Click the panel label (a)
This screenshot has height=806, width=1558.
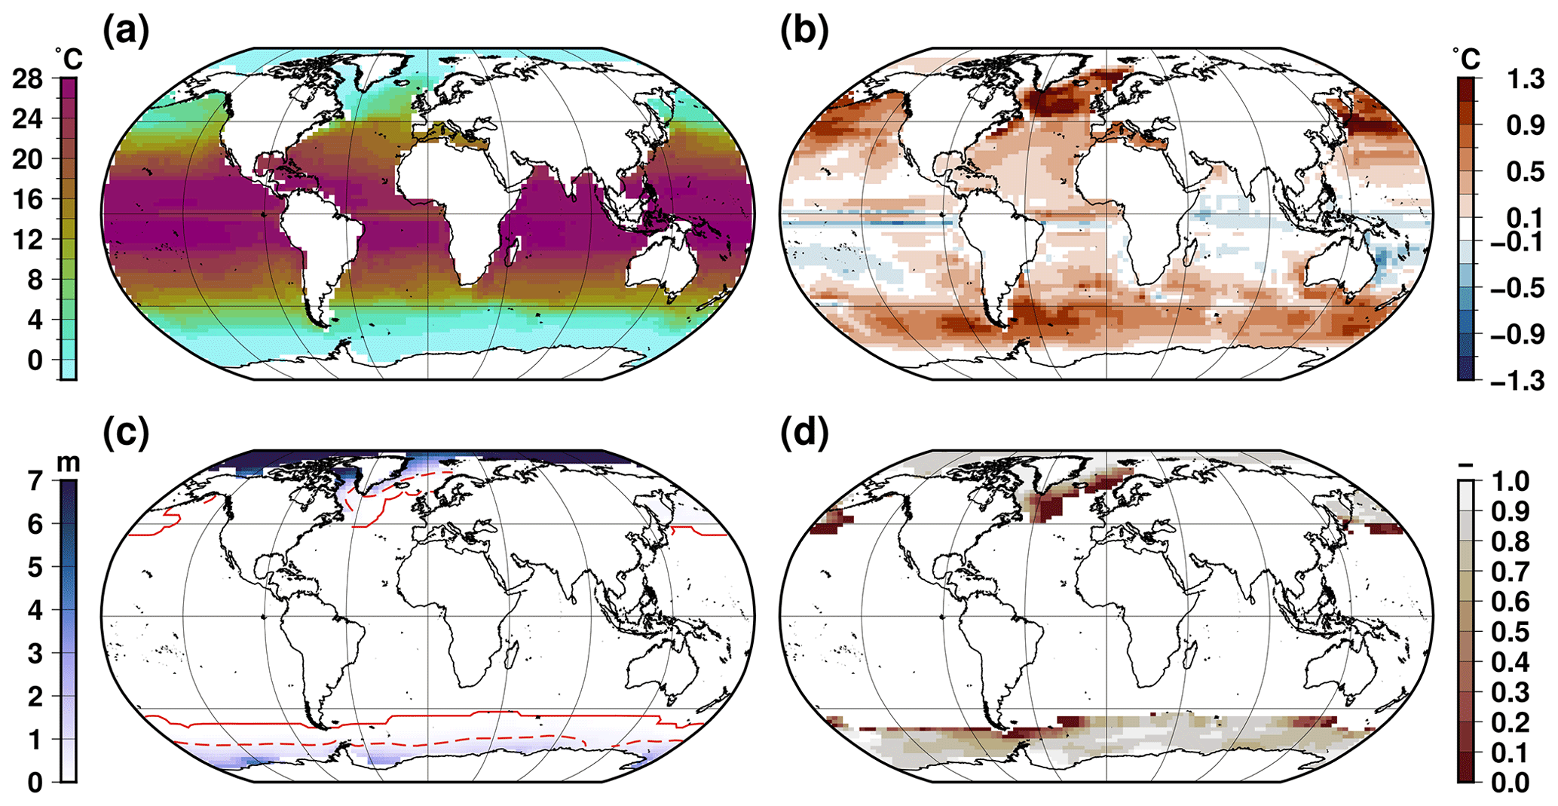[x=126, y=31]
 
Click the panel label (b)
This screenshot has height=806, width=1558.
[x=803, y=31]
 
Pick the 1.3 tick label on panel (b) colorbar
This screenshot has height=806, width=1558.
[x=1521, y=78]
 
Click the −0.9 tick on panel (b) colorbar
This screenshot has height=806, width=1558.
[x=1515, y=334]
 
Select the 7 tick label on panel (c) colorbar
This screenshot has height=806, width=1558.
[x=36, y=480]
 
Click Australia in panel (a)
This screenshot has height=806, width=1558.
[x=660, y=264]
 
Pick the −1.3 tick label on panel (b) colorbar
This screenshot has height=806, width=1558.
[x=1515, y=380]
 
